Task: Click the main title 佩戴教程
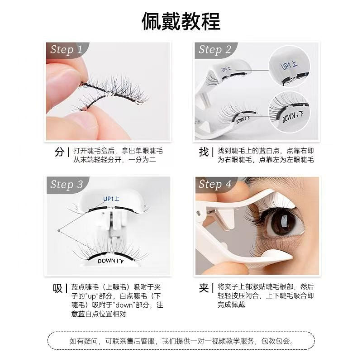pyautogui.click(x=181, y=21)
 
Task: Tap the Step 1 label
pyautogui.click(x=66, y=49)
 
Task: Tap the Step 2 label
pyautogui.click(x=214, y=49)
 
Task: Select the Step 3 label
pyautogui.click(x=67, y=185)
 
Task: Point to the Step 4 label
pyautogui.click(x=215, y=184)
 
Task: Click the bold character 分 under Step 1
pyautogui.click(x=60, y=152)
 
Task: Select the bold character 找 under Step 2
pyautogui.click(x=204, y=152)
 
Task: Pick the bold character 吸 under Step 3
pyautogui.click(x=58, y=288)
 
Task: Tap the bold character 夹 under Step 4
pyautogui.click(x=204, y=288)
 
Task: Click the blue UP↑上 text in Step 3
pyautogui.click(x=111, y=199)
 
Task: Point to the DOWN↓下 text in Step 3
pyautogui.click(x=110, y=261)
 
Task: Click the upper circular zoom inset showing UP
pyautogui.click(x=290, y=66)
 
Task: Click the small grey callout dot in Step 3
pyautogui.click(x=59, y=230)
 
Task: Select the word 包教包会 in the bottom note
pyautogui.click(x=276, y=341)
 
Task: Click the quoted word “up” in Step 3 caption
pyautogui.click(x=92, y=296)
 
